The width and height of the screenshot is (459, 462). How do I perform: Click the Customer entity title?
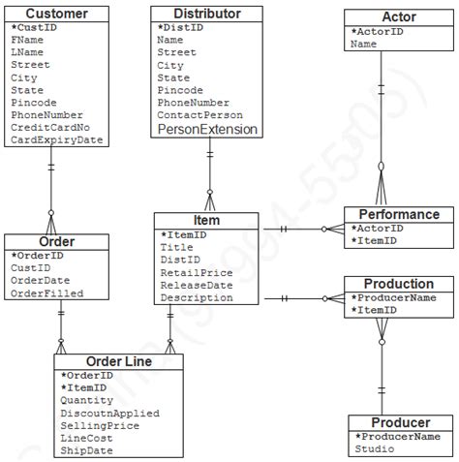(55, 14)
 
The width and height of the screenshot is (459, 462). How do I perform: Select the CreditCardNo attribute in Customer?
(50, 128)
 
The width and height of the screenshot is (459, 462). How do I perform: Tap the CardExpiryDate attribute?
(56, 140)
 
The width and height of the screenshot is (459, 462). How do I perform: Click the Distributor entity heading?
(208, 14)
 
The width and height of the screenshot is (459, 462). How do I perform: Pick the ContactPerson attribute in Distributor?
(199, 114)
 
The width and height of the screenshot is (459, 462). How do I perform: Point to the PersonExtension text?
(207, 129)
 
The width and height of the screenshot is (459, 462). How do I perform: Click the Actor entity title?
(399, 17)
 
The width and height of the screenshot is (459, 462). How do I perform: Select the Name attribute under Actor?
(364, 44)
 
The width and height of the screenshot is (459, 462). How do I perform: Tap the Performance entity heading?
(399, 214)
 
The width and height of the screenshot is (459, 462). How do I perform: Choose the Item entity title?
(206, 220)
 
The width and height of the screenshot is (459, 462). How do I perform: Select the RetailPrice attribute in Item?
(196, 273)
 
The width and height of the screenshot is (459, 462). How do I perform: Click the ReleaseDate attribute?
(196, 286)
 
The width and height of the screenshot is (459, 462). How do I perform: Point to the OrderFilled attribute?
(46, 293)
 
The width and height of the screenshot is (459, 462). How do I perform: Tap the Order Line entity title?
(117, 361)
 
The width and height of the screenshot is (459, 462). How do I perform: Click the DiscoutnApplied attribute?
(109, 414)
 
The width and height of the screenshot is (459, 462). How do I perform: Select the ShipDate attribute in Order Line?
(86, 450)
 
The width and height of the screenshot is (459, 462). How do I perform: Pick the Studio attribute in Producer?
(374, 449)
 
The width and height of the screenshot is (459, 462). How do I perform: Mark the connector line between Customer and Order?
(50, 190)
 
